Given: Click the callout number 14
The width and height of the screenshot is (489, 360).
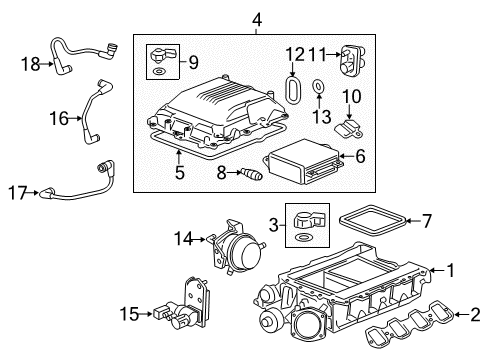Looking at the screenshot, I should point(181,238).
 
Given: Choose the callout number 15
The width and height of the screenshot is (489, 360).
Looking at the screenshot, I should point(156,313).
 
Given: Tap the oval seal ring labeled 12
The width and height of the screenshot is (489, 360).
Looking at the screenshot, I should point(295,88).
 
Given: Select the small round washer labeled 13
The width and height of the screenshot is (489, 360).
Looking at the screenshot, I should point(317,89).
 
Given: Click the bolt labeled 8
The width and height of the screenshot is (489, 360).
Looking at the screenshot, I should point(246,176).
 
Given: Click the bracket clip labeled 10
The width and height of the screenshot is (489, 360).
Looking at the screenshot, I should point(346,124).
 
